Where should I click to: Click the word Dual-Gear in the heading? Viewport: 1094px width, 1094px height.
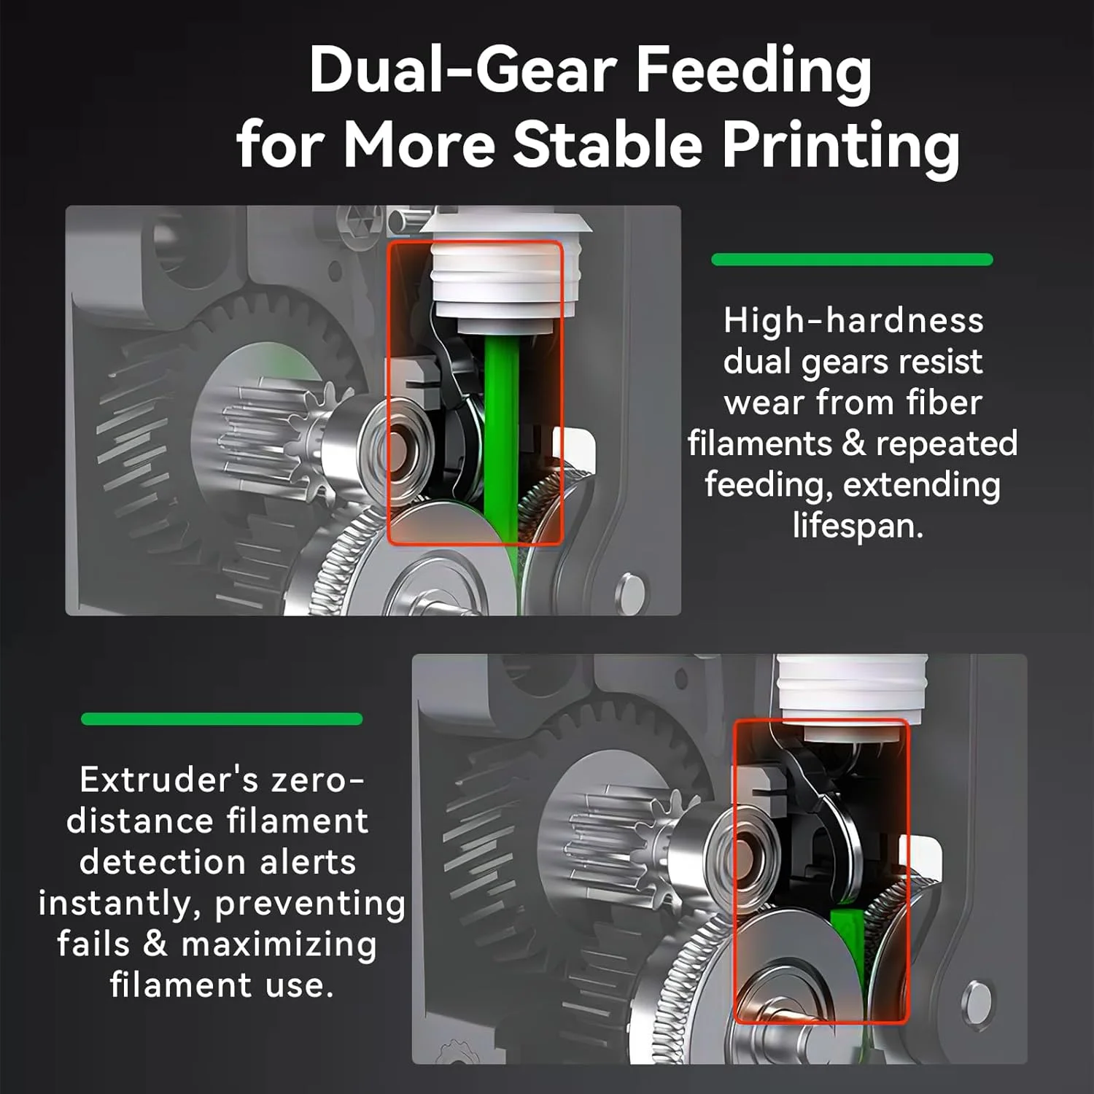(x=464, y=71)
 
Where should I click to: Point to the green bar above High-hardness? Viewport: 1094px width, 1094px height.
(x=852, y=260)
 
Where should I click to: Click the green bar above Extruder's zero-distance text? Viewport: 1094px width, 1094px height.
(x=222, y=719)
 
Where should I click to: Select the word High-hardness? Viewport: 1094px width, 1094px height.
(x=853, y=321)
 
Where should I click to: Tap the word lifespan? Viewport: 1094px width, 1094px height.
(x=858, y=527)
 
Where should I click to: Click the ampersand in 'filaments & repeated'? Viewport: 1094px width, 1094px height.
(x=853, y=444)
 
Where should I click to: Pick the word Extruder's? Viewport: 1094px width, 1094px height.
(x=169, y=780)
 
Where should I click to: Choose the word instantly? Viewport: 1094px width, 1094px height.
(x=120, y=904)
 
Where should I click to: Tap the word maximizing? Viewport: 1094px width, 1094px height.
(x=279, y=945)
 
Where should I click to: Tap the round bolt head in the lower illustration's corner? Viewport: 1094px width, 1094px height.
(x=977, y=998)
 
